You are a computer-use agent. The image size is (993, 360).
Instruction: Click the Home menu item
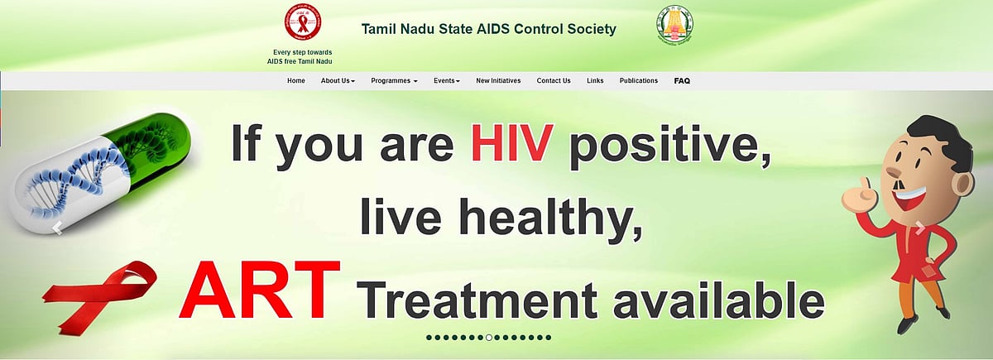[x=295, y=81]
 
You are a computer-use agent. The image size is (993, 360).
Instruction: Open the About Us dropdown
[x=338, y=81]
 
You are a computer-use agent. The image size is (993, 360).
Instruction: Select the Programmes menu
[x=394, y=81]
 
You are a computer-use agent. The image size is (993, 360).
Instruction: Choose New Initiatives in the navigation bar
[x=498, y=81]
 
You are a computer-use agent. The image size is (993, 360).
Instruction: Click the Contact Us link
[x=553, y=81]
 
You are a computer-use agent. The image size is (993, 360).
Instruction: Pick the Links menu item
[x=595, y=81]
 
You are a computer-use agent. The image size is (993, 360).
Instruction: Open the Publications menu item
[x=638, y=81]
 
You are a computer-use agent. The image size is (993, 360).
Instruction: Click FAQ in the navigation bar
[x=682, y=81]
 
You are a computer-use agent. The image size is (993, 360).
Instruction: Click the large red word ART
[x=258, y=293]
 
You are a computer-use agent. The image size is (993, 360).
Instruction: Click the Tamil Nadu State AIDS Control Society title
[x=488, y=29]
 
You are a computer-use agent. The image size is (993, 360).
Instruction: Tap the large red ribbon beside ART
[x=107, y=293]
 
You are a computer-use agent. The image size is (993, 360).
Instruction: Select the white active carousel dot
[x=489, y=338]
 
